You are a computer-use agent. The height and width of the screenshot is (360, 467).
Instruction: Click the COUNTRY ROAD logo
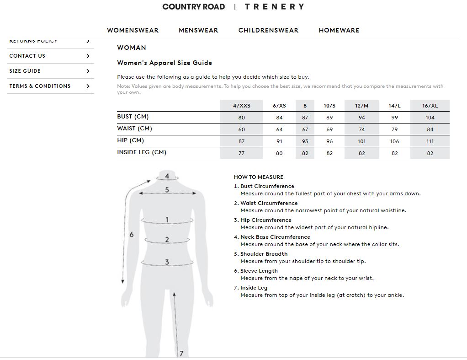click(193, 7)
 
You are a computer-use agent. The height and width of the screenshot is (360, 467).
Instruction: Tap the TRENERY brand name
click(274, 7)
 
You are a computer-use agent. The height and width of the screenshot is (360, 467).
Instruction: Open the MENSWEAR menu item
click(198, 30)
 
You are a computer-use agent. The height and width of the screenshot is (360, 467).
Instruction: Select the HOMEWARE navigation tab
click(339, 30)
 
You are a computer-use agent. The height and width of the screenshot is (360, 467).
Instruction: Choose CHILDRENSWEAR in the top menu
click(268, 30)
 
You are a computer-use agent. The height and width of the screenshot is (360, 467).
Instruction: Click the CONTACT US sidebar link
click(27, 56)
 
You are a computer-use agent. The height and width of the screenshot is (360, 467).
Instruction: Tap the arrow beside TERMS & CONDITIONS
click(88, 86)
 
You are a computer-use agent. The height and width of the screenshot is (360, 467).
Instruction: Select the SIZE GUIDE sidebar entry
click(25, 71)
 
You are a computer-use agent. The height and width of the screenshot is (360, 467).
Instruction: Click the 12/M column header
click(361, 106)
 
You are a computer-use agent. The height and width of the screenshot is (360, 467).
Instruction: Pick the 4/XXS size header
click(241, 106)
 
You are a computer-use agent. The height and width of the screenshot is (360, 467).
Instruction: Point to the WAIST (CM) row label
click(134, 129)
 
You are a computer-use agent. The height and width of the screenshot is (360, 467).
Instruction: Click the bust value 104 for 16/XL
click(430, 118)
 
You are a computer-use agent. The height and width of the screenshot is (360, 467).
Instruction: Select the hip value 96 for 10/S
click(329, 141)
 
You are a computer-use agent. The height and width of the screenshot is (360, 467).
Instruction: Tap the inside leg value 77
click(241, 153)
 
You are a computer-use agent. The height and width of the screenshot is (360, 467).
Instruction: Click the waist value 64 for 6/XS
click(279, 129)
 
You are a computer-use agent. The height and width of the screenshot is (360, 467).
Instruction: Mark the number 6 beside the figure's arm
click(132, 235)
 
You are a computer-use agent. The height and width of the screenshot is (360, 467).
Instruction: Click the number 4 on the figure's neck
click(167, 176)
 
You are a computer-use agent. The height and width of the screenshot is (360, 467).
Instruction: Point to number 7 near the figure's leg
click(181, 353)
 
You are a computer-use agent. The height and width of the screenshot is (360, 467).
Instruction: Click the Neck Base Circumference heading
click(275, 237)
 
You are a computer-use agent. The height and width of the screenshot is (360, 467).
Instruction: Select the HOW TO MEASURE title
click(258, 177)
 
